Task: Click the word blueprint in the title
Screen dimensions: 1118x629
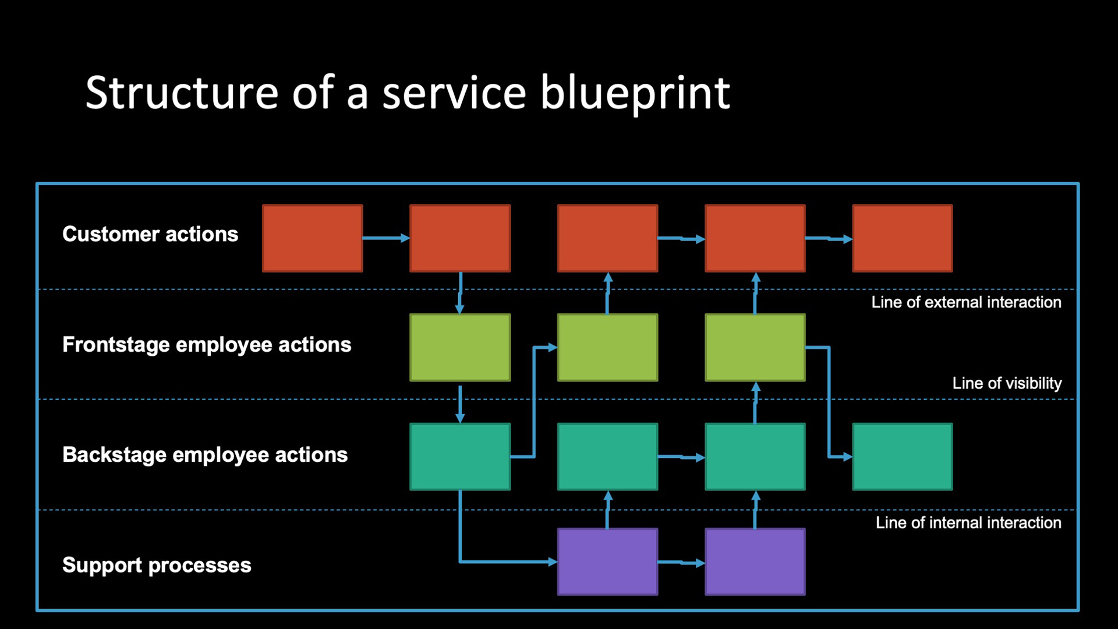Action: [635, 93]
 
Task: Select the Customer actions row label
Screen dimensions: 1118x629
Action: [150, 234]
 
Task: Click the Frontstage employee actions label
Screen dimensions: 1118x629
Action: [207, 345]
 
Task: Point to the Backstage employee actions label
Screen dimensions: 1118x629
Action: [205, 455]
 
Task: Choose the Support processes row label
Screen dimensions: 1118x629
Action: [157, 566]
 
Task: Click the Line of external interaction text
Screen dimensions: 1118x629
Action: [966, 302]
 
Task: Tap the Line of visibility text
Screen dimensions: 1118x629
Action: [1007, 383]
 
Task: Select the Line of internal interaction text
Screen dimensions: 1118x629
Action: [968, 522]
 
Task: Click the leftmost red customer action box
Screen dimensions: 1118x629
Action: [313, 238]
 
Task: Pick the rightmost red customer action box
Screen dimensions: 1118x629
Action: [903, 238]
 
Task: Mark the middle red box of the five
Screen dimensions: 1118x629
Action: [607, 238]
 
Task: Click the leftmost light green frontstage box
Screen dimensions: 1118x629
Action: [460, 348]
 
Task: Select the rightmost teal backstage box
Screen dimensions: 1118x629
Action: [903, 457]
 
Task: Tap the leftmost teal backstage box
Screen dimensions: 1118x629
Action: [460, 457]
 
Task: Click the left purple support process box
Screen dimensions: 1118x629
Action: [607, 562]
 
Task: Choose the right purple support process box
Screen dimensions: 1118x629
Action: [755, 562]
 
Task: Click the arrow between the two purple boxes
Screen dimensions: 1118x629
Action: [681, 563]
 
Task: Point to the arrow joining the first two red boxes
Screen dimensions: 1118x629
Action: [387, 238]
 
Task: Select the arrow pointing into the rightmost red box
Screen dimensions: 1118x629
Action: [829, 238]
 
